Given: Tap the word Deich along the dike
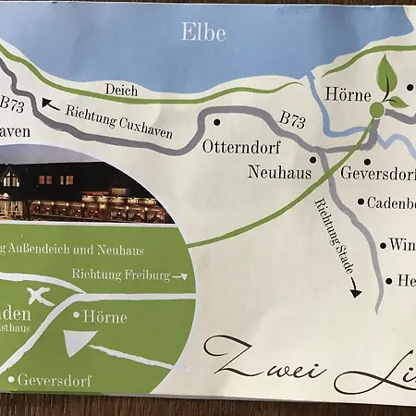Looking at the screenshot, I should pos(121,91).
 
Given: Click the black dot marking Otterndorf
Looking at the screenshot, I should pos(216,121).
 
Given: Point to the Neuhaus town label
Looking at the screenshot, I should pos(278,172).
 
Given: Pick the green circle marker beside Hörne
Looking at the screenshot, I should pos(376,110).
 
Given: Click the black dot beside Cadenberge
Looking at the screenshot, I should pos(361,201).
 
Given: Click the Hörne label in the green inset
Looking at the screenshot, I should pos(105,315).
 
